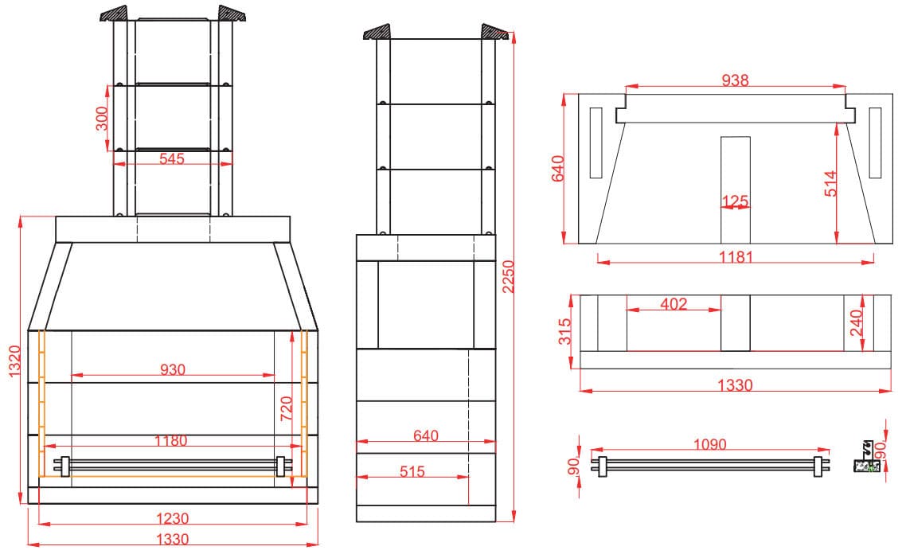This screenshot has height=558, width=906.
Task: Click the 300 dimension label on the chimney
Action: (x=102, y=119)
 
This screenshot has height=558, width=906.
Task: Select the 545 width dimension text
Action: (x=172, y=158)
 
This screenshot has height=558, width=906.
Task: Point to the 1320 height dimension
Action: (x=14, y=361)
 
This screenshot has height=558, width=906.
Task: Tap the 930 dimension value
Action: (x=172, y=369)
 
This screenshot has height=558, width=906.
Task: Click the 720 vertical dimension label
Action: (x=286, y=408)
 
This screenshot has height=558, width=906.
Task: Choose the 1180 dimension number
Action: (x=171, y=441)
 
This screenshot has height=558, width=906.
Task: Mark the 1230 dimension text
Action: (x=172, y=518)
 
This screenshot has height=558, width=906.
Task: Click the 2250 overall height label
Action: (x=507, y=276)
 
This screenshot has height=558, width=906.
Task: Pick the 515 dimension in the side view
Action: (x=412, y=471)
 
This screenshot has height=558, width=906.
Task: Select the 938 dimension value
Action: (x=735, y=80)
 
